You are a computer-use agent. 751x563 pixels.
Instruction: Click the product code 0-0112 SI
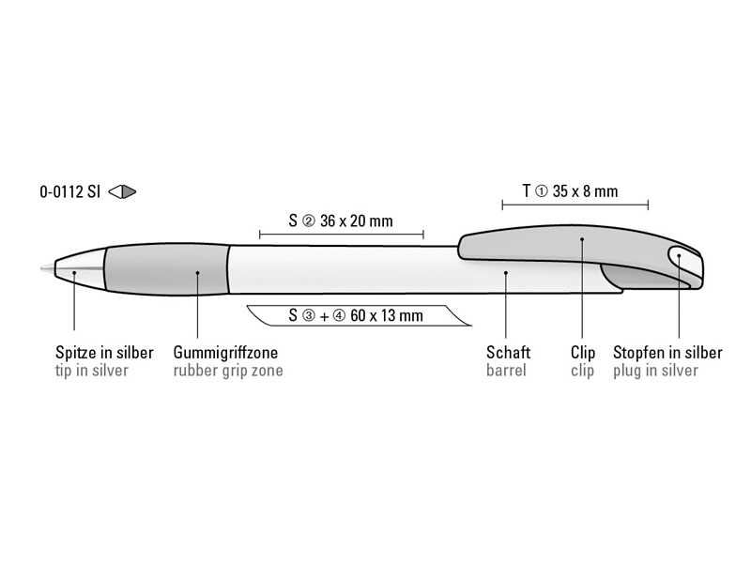(x=69, y=192)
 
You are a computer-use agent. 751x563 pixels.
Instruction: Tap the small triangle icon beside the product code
(x=122, y=192)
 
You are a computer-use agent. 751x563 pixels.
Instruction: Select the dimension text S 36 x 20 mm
(x=341, y=221)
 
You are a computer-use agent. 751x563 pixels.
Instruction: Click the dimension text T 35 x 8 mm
(x=570, y=191)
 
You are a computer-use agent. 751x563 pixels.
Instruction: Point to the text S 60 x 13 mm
(x=356, y=315)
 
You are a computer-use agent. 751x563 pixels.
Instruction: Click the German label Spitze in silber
(x=104, y=353)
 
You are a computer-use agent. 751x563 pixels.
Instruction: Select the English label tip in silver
(x=92, y=371)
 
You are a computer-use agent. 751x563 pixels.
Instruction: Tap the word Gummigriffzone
(x=225, y=353)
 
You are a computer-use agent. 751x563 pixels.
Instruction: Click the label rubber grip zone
(x=228, y=371)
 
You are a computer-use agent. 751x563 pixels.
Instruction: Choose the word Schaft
(x=508, y=353)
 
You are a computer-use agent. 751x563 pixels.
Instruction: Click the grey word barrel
(x=506, y=371)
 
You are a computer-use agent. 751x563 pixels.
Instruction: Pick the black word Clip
(x=583, y=353)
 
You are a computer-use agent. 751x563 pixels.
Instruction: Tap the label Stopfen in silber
(x=667, y=353)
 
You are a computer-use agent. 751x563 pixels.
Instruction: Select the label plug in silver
(x=655, y=371)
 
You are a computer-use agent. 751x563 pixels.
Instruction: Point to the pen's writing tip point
(x=42, y=268)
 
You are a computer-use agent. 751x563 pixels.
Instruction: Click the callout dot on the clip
(x=582, y=239)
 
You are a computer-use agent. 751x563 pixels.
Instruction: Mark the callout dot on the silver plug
(x=679, y=255)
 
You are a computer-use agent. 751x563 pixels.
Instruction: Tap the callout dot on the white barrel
(x=506, y=273)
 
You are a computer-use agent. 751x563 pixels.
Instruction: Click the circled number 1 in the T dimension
(x=541, y=191)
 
